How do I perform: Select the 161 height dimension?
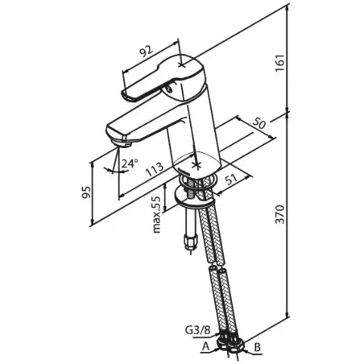tap(279, 63)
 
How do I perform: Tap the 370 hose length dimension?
tap(280, 214)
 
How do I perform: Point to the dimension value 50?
tap(259, 123)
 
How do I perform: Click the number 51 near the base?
tap(231, 180)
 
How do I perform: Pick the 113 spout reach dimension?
tap(155, 169)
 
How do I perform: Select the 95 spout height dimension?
tap(86, 192)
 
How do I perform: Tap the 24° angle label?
tap(130, 163)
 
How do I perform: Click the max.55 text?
tap(156, 214)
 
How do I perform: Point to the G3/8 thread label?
tap(198, 329)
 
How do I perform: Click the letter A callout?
tap(205, 346)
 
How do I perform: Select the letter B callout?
tap(257, 347)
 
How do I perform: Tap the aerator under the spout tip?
tap(123, 143)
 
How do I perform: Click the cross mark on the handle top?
tap(181, 65)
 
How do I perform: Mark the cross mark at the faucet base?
tap(197, 165)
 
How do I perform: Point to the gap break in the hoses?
tap(217, 265)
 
